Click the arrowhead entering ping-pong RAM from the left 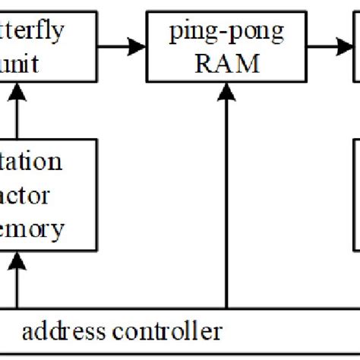163,47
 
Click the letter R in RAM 203,64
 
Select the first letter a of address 28,333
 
